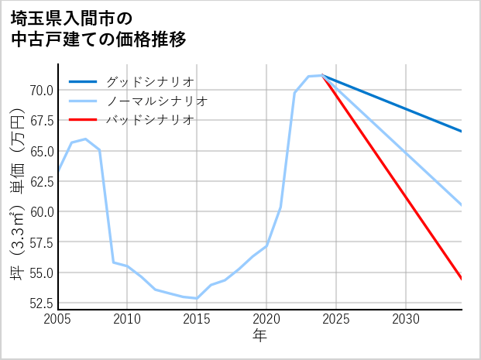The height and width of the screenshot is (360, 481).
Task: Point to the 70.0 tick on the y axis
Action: (x=41, y=90)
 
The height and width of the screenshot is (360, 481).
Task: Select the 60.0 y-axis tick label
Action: (x=41, y=211)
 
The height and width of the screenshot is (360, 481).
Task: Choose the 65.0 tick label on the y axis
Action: (x=41, y=151)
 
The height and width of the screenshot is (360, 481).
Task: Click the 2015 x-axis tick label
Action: (x=197, y=319)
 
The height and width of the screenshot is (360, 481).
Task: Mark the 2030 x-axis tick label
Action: (x=406, y=319)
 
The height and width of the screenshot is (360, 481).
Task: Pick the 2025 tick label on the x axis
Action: (x=336, y=319)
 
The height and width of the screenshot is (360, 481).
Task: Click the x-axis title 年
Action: (x=259, y=336)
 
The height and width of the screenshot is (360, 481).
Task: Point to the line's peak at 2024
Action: (x=322, y=75)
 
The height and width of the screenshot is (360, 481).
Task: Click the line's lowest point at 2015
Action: (x=197, y=298)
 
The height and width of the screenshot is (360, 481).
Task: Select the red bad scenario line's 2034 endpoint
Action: (x=462, y=279)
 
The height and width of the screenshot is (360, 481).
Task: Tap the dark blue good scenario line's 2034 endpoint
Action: (x=462, y=132)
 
